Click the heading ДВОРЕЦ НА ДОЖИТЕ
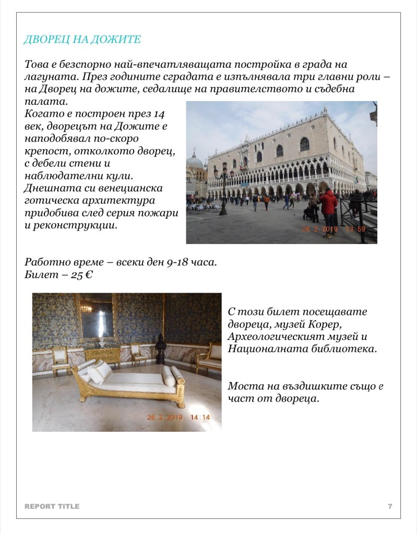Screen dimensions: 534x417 pos(82,40)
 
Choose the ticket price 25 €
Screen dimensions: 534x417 pos(81,275)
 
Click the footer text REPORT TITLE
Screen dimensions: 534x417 pos(52,506)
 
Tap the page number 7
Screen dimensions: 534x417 pos(390,506)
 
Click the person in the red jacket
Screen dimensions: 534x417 pos(329,206)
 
